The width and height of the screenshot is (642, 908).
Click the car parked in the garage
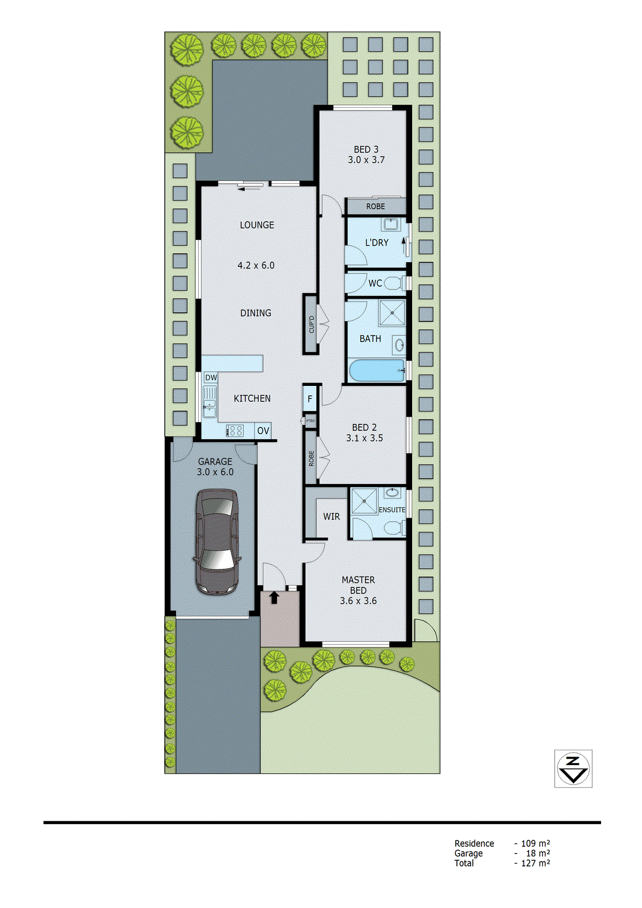[216, 541]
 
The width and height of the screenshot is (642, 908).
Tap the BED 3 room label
[366, 149]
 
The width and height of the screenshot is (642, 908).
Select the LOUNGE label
[257, 225]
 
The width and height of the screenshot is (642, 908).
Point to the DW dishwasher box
[211, 377]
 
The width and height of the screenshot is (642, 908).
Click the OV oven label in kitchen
[263, 431]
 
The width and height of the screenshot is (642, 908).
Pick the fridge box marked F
[310, 399]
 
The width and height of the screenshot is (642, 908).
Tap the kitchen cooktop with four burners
[235, 431]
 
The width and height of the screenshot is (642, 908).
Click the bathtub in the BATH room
[377, 371]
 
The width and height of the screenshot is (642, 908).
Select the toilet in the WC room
[393, 283]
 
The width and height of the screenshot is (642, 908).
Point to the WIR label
[332, 516]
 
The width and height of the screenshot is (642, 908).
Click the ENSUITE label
[392, 510]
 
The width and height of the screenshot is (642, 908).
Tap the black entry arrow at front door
[274, 597]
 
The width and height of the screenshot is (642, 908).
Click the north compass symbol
[573, 768]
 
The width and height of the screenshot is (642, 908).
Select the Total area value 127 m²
[535, 863]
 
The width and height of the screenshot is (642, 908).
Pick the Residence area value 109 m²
[535, 843]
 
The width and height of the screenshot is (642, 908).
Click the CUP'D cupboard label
[311, 324]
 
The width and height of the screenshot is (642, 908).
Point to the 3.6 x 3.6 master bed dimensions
[358, 600]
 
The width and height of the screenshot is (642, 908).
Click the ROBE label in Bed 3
[375, 206]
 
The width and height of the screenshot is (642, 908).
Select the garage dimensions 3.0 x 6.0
[215, 472]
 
